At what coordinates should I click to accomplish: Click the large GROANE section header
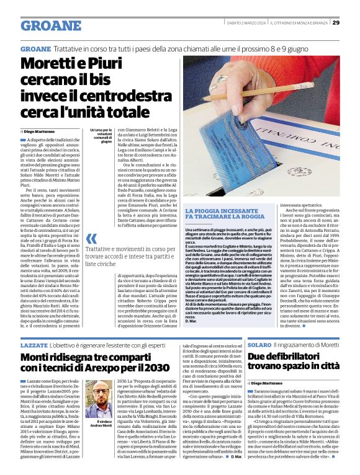pos(51,26)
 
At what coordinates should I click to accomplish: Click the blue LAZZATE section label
pos(34,343)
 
